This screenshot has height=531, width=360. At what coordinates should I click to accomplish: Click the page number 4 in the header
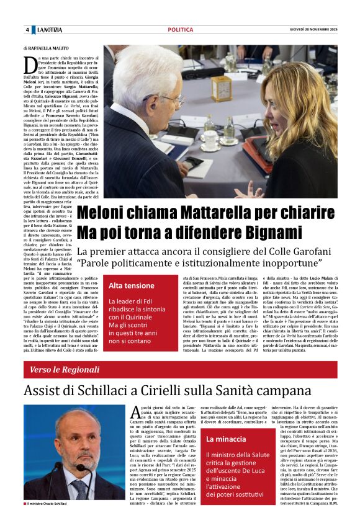pos(27,30)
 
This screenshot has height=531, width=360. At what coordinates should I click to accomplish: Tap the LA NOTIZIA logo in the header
pos(49,30)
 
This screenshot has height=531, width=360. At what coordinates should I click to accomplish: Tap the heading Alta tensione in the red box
pos(132,285)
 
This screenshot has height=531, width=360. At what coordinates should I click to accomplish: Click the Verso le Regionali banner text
pos(64,370)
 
